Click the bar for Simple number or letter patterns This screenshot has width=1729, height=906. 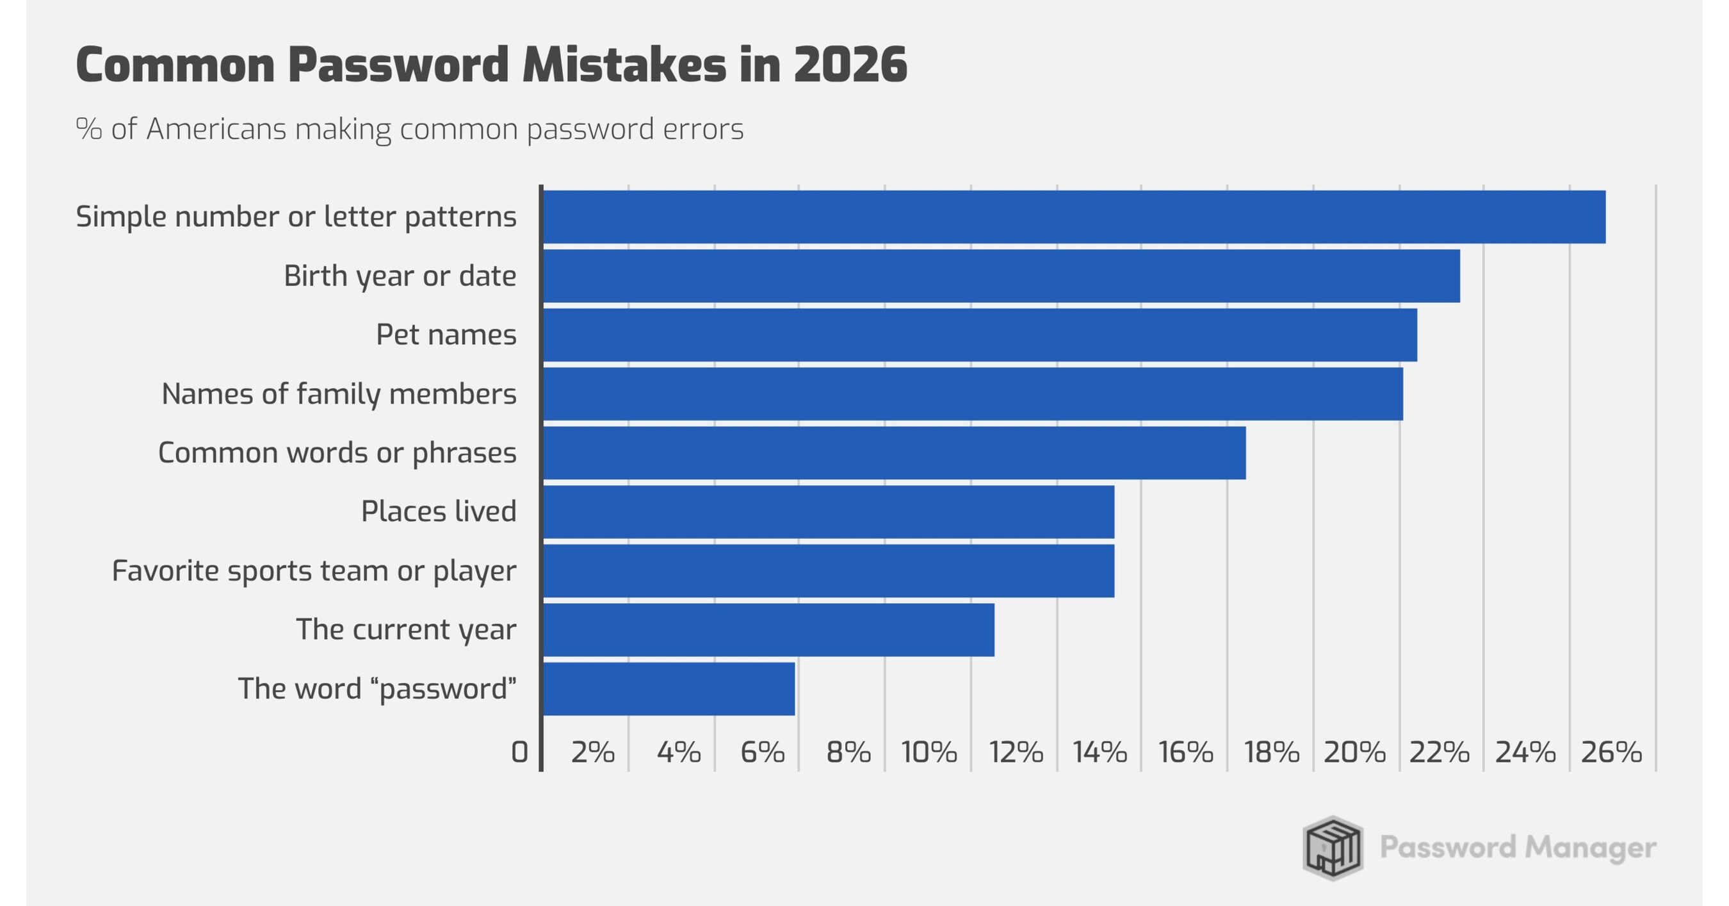coord(1074,217)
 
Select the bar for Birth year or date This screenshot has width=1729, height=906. coord(1001,276)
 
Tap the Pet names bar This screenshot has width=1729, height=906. coord(979,334)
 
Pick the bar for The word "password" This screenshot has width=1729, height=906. coord(669,688)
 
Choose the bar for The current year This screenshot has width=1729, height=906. coord(768,629)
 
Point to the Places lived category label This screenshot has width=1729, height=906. coord(438,512)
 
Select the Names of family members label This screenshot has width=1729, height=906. coord(339,393)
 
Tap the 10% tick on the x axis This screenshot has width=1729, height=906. coord(929,753)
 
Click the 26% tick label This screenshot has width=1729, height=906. coord(1611,753)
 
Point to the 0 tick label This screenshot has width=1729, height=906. coord(519,753)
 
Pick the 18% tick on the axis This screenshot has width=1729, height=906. coord(1271,753)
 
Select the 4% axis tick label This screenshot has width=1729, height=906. coord(679,753)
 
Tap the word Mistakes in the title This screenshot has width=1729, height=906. coord(624,65)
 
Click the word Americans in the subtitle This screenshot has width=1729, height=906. coord(216,129)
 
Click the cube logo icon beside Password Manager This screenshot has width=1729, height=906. coord(1333,848)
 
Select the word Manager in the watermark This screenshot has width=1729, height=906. coord(1590,848)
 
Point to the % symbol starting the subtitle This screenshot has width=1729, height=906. coord(88,129)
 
